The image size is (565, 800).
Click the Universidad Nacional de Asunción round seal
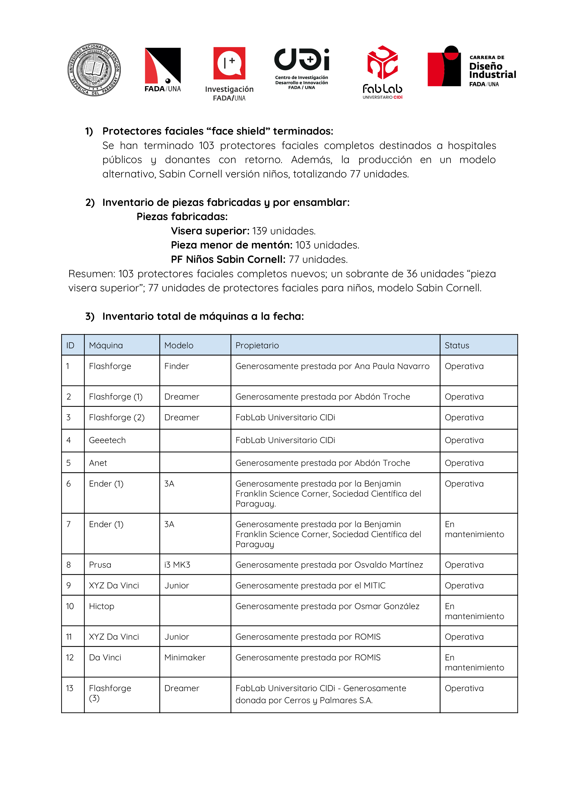tap(94, 70)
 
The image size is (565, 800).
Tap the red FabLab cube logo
tap(382, 63)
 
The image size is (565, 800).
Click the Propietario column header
tap(257, 345)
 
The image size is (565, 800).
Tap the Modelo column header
tap(179, 345)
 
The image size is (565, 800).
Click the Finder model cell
tap(177, 366)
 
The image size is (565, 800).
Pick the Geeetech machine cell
tap(107, 440)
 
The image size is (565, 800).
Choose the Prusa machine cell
tap(100, 565)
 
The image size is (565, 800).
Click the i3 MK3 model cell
tap(177, 565)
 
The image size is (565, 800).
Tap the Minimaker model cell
tap(185, 657)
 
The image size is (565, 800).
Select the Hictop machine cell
tap(102, 606)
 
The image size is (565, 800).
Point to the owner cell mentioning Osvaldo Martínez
tap(329, 565)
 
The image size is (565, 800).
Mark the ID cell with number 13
tap(70, 688)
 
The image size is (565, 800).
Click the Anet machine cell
tap(98, 463)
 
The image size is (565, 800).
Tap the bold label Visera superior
tap(210, 231)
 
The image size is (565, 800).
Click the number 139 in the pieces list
tap(260, 231)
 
